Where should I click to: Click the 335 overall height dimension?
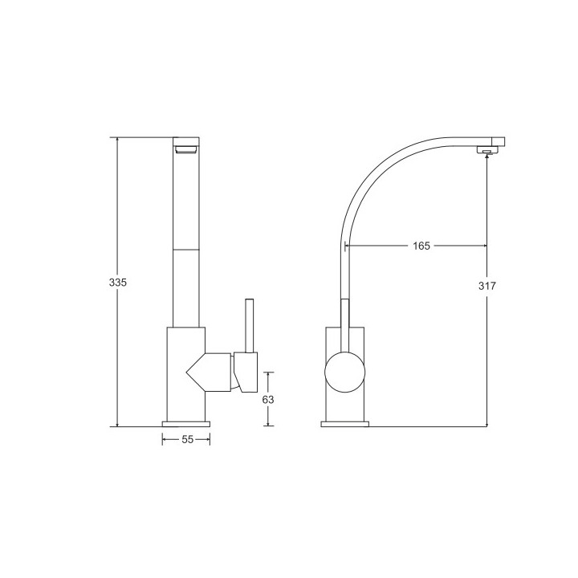117,283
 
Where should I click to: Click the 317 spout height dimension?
486,287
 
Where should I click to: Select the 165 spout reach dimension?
421,246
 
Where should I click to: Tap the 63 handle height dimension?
268,398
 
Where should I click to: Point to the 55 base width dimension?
186,439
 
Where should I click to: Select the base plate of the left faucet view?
186,423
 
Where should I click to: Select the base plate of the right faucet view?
345,423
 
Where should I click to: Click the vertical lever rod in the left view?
249,326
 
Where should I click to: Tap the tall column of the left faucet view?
186,241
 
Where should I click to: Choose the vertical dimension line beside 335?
117,201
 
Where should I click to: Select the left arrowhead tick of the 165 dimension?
347,246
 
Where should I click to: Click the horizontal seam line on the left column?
186,250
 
